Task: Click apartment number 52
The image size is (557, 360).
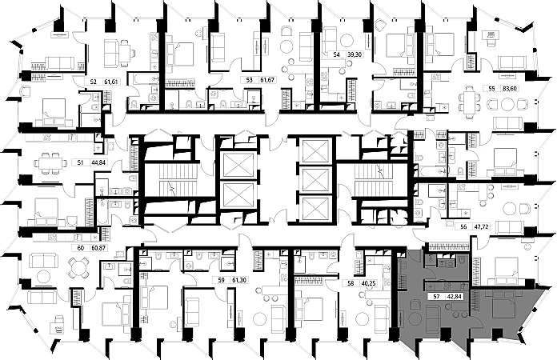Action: tap(94, 82)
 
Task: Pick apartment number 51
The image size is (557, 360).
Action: tap(79, 162)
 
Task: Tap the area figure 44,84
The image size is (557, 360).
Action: tap(98, 162)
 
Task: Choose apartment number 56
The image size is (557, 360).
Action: tap(464, 227)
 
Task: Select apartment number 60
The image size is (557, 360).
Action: tap(80, 248)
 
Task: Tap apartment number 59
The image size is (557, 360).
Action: tap(222, 281)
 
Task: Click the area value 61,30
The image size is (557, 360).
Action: tap(239, 281)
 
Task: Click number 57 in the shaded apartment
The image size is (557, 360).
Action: tap(436, 296)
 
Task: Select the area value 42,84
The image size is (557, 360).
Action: tap(455, 296)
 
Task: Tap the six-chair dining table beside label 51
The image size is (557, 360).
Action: tap(49, 162)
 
